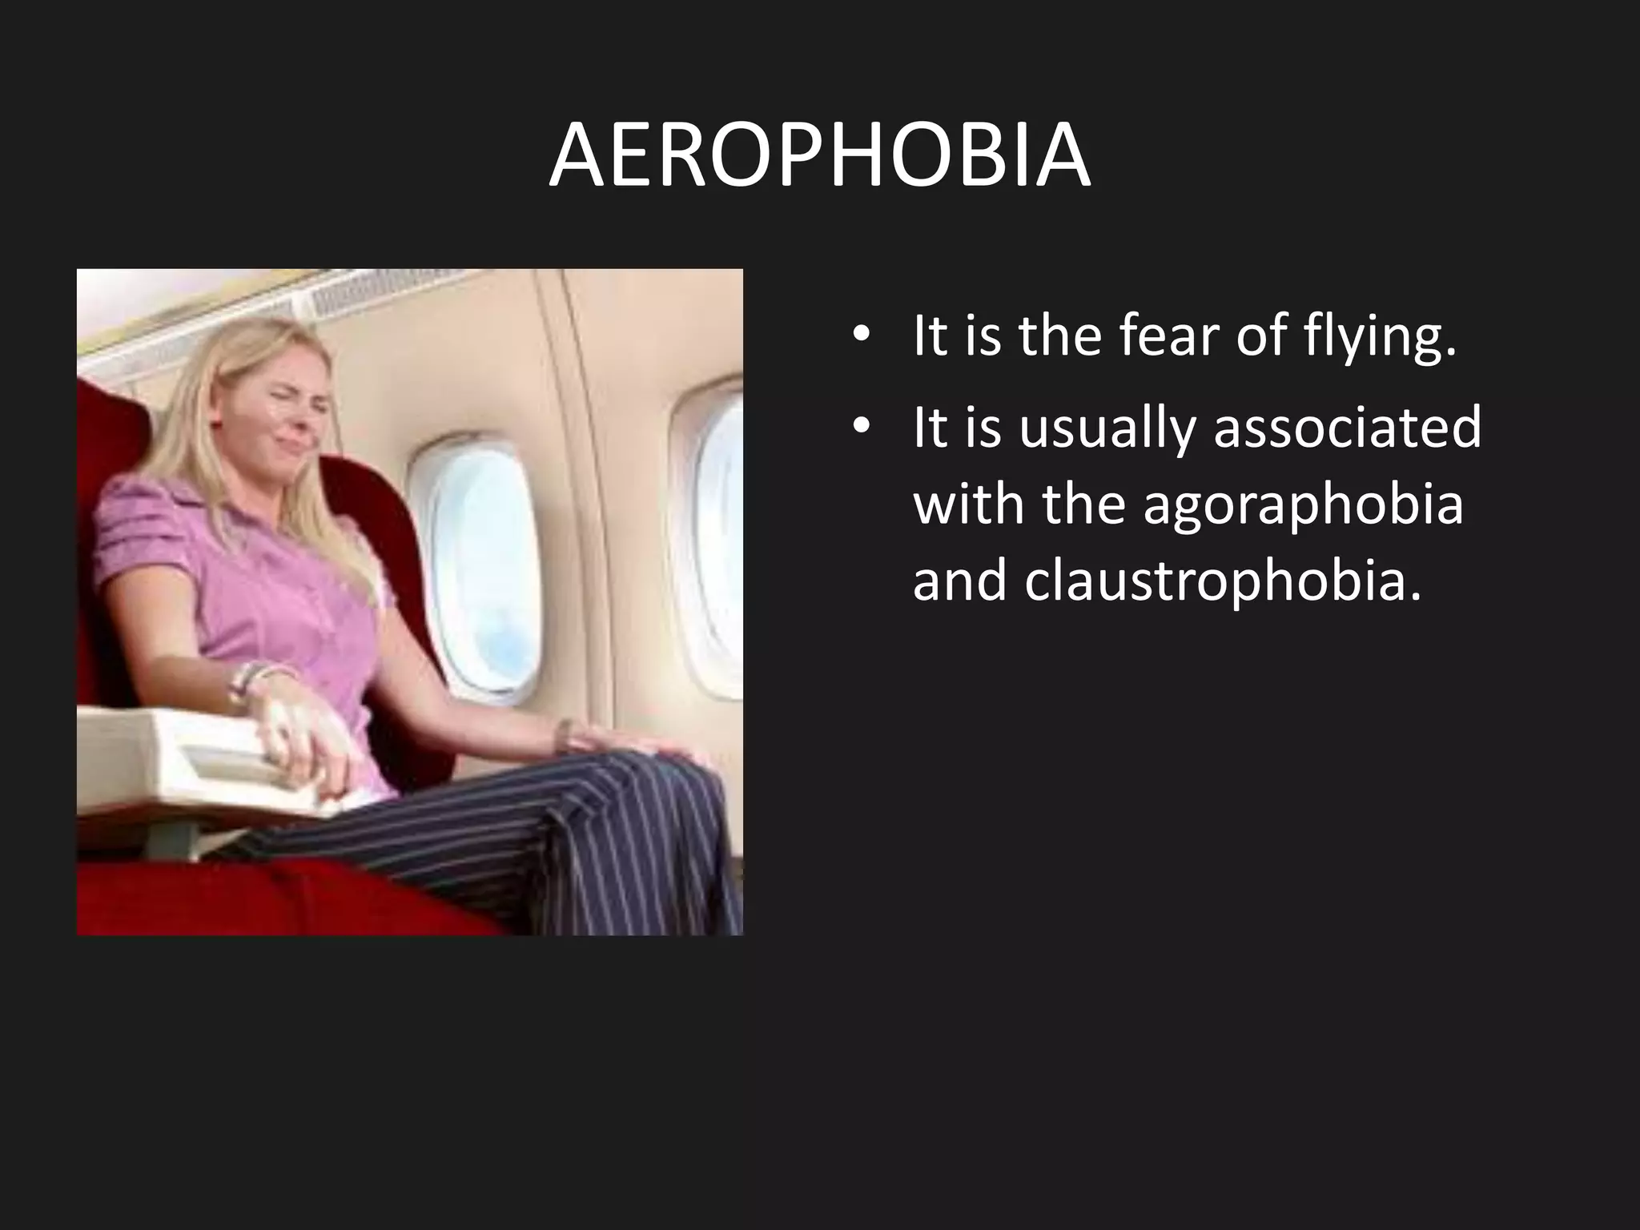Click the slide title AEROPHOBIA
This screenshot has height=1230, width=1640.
[819, 157]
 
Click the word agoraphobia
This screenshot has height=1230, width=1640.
[1303, 507]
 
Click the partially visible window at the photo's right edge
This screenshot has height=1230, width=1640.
[717, 545]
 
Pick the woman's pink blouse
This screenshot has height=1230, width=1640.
[240, 577]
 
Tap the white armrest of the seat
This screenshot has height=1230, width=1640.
[176, 761]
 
